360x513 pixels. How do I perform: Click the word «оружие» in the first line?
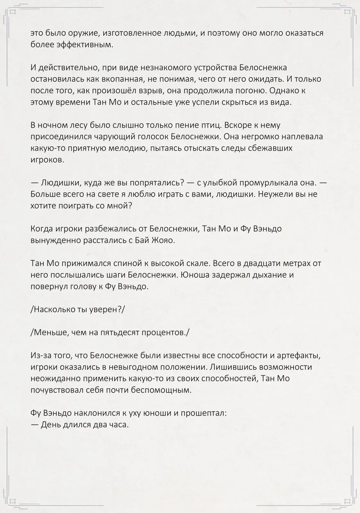[73, 33]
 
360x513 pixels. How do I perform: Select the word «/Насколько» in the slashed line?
[53, 309]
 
